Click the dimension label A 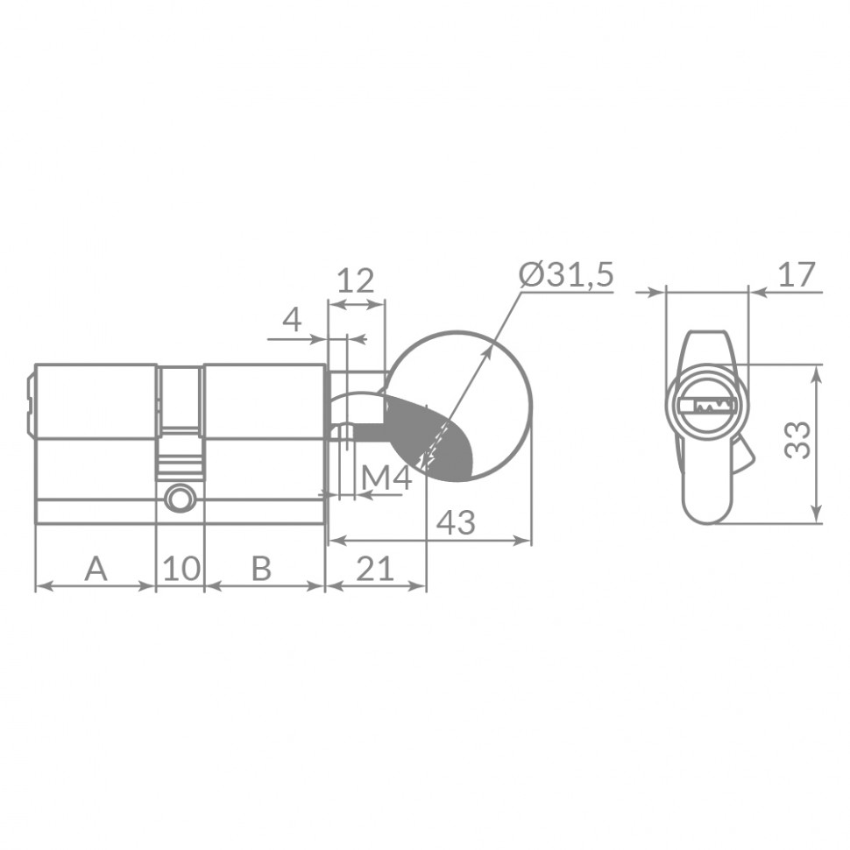click(96, 570)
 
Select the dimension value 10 click(181, 570)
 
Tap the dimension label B click(261, 570)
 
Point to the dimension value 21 click(375, 570)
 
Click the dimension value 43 click(456, 523)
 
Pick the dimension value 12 click(356, 281)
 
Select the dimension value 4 click(292, 320)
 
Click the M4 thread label click(386, 478)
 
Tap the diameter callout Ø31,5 click(566, 275)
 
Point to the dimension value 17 click(797, 275)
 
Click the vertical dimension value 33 click(797, 440)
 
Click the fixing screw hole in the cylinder click(180, 499)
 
